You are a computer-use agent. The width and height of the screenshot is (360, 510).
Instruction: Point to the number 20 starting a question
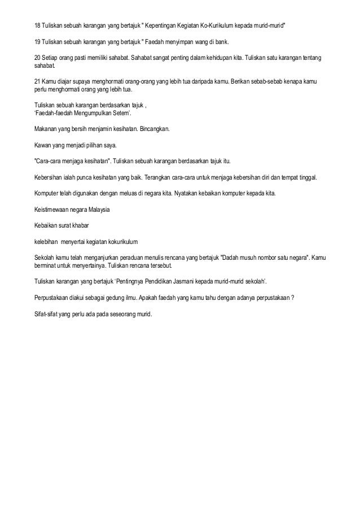(37, 58)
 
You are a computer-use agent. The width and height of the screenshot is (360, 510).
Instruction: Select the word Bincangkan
(158, 129)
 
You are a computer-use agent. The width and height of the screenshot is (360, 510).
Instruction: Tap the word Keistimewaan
(55, 209)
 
